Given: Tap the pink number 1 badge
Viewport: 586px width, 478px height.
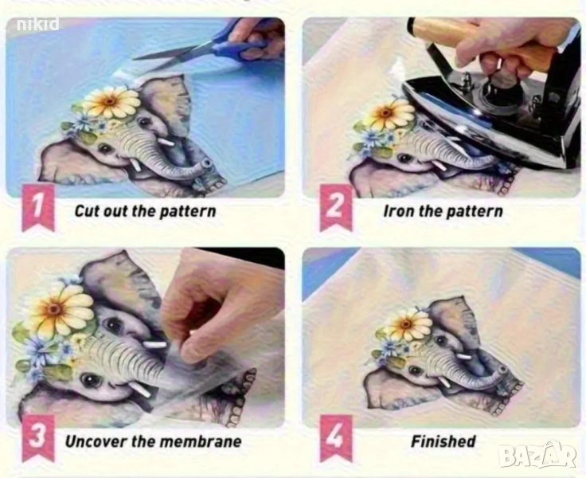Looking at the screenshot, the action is click(38, 207).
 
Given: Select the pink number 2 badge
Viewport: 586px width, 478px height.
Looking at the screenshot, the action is click(336, 207).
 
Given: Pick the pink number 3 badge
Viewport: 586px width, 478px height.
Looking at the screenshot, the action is click(38, 437).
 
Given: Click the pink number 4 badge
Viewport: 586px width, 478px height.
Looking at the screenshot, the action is click(336, 437).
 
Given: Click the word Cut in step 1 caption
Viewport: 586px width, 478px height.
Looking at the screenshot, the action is click(87, 211).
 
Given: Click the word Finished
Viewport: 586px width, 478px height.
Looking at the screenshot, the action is click(443, 441).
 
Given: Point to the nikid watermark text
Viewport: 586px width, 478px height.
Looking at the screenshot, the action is click(38, 25).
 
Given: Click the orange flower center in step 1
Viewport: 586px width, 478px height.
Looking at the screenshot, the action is click(110, 101).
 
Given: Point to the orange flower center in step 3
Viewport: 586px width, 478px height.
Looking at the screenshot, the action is click(55, 309).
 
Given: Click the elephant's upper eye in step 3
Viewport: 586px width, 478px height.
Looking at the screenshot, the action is click(112, 324).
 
